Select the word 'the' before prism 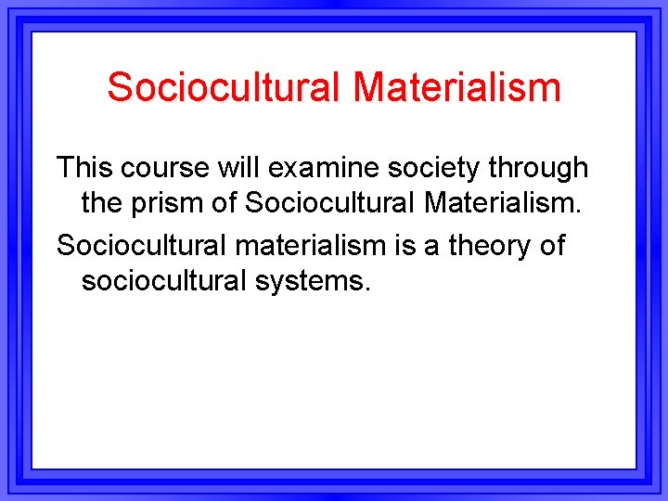click(102, 202)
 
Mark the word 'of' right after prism click(221, 202)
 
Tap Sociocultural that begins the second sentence click(127, 245)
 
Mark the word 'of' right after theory click(552, 245)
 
